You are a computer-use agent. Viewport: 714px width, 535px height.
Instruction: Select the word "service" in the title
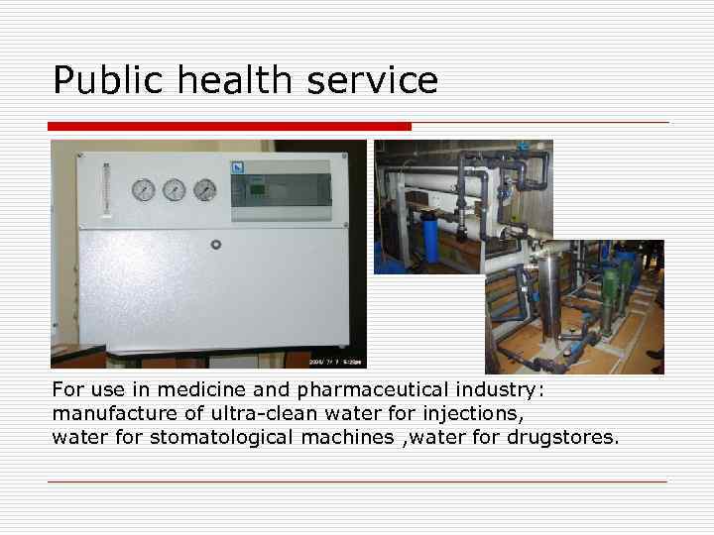tap(372, 80)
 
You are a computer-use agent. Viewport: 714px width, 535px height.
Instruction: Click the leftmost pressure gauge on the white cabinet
tap(143, 189)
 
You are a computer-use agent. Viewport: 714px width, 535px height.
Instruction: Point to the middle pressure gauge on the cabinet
tap(174, 189)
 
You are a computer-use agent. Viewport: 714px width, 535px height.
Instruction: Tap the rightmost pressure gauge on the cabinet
tap(204, 189)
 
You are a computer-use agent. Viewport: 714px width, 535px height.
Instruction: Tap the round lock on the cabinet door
tap(214, 244)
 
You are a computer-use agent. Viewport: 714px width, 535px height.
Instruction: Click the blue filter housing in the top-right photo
tap(431, 238)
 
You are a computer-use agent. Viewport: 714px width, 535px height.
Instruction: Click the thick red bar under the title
tap(229, 126)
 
